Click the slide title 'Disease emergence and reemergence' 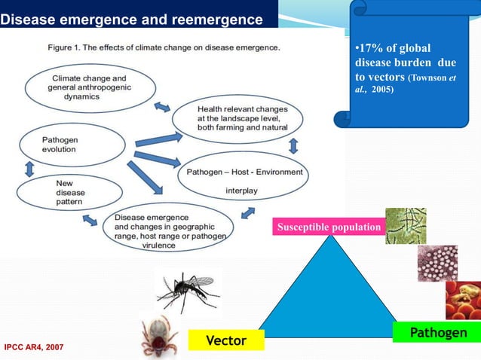pyautogui.click(x=131, y=19)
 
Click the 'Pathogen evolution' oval pyautogui.click(x=72, y=145)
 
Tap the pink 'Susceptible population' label pyautogui.click(x=328, y=226)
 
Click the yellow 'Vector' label pyautogui.click(x=226, y=340)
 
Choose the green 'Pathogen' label pyautogui.click(x=435, y=332)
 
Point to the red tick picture pyautogui.click(x=159, y=336)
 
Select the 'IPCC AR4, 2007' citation pyautogui.click(x=34, y=347)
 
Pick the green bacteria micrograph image pyautogui.click(x=406, y=226)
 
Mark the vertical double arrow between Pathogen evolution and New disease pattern pyautogui.click(x=29, y=169)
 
